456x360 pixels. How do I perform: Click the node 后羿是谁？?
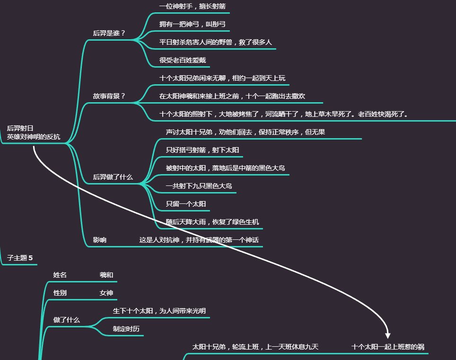click(x=109, y=33)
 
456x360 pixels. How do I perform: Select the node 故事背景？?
click(x=109, y=96)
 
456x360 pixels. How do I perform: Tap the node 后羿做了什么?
click(x=113, y=177)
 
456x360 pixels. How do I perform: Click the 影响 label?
click(x=99, y=240)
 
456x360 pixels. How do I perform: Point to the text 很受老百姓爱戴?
click(x=183, y=60)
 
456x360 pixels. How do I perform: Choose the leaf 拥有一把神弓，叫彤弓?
click(x=192, y=24)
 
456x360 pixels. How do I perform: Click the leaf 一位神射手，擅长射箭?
click(x=192, y=6)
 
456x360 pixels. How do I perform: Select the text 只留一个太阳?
click(x=186, y=204)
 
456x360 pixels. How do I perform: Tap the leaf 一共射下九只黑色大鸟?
click(x=199, y=186)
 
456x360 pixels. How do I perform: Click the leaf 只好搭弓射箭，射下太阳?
click(x=202, y=150)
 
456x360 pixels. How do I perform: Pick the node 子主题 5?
click(x=20, y=258)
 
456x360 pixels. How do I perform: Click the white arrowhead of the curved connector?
click(x=388, y=335)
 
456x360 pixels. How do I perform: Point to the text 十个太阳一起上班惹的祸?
click(x=388, y=347)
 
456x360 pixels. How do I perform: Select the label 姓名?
click(x=60, y=275)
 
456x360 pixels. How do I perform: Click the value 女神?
click(x=106, y=293)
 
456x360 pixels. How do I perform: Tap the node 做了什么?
click(x=66, y=320)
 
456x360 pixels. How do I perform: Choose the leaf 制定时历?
click(x=126, y=329)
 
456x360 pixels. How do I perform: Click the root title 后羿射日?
click(x=20, y=128)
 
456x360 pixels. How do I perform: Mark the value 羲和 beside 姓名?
click(x=106, y=275)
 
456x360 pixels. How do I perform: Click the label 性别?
click(x=60, y=293)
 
